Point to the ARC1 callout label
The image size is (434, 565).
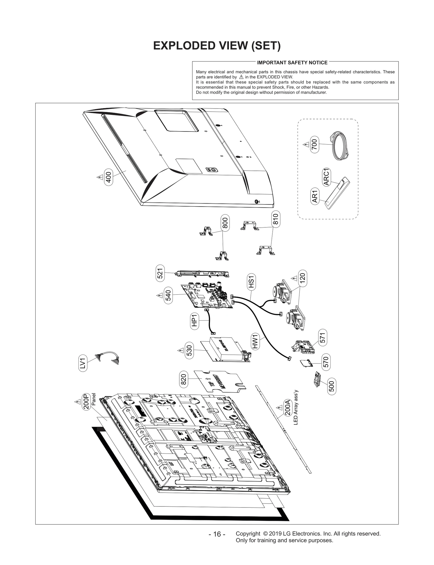tap(326, 177)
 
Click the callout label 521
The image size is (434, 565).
tap(160, 273)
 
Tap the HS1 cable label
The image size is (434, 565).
tap(251, 281)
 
